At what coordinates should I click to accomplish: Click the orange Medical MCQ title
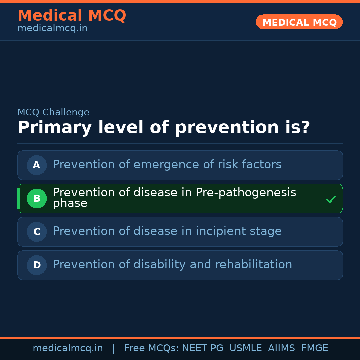click(x=72, y=16)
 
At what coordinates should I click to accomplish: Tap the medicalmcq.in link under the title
click(x=52, y=29)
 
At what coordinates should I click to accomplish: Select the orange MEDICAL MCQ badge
click(x=299, y=22)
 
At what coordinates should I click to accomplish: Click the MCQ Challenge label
click(x=53, y=113)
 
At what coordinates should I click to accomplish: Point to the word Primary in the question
click(x=54, y=128)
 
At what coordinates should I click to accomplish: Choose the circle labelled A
click(x=37, y=165)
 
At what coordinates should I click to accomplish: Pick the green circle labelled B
click(x=37, y=198)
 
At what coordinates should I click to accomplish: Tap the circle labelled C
click(x=37, y=232)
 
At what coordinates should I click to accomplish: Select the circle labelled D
click(x=37, y=265)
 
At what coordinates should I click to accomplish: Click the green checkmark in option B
click(x=331, y=199)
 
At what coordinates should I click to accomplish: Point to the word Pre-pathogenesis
click(x=246, y=193)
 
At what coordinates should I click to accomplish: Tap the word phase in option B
click(x=70, y=203)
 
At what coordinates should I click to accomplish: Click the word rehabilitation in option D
click(x=253, y=265)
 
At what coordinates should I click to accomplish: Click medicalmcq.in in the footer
click(x=68, y=348)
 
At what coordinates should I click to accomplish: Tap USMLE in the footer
click(x=245, y=348)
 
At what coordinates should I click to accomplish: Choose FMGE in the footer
click(x=314, y=348)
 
